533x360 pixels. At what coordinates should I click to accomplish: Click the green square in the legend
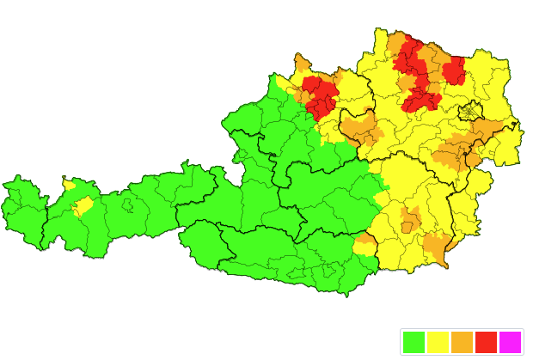point(414,342)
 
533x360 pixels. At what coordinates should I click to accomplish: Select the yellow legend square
point(438,342)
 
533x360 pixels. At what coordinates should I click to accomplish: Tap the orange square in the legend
point(462,342)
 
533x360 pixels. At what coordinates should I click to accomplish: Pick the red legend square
point(486,342)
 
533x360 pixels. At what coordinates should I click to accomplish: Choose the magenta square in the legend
point(510,342)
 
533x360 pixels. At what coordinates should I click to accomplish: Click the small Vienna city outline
point(470,112)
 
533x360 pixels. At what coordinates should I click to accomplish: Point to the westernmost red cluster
point(318,95)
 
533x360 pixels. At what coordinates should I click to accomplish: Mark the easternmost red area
point(454,70)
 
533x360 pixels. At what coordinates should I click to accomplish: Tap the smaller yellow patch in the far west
point(69,184)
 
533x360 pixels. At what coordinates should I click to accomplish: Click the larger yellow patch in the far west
point(83,206)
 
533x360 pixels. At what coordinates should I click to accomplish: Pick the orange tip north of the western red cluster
point(302,63)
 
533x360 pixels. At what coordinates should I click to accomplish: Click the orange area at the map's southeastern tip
point(438,248)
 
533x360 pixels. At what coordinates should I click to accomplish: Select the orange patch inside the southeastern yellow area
point(410,220)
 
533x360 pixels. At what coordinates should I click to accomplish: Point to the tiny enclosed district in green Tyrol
point(127,205)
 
